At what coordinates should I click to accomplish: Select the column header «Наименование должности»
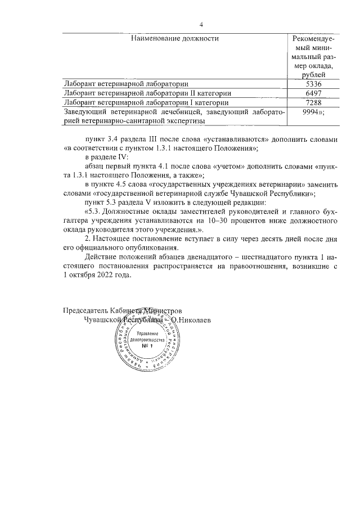point(174,39)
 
